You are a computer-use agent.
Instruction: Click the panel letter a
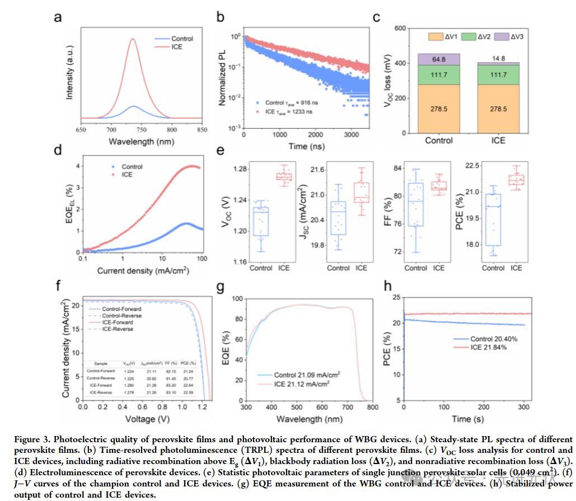58,17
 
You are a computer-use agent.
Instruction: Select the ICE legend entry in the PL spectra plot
181,48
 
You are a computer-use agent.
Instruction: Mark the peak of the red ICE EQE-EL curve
192,166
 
